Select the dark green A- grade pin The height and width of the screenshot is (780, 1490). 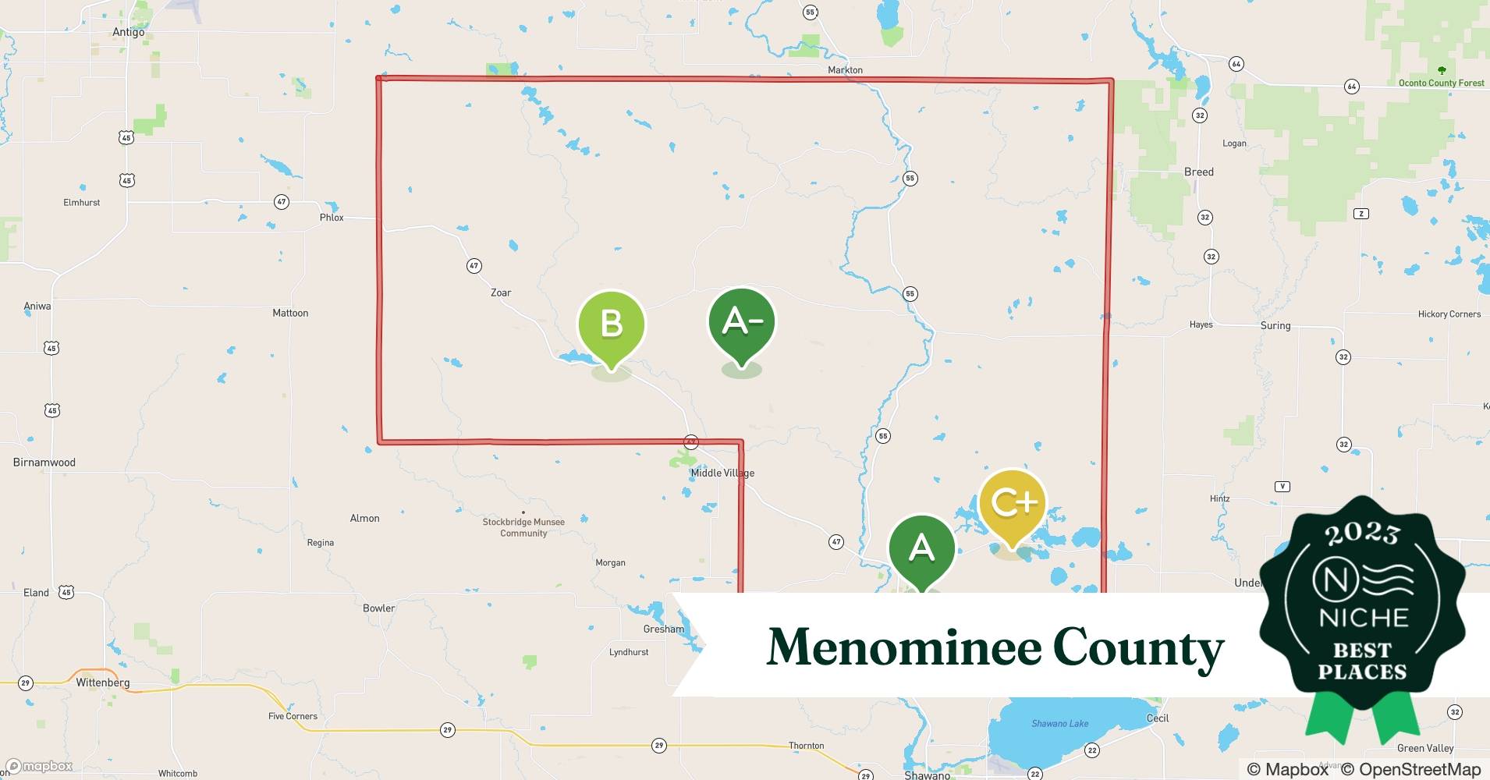click(741, 321)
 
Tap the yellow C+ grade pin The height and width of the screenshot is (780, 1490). click(1012, 503)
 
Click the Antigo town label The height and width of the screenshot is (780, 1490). click(129, 32)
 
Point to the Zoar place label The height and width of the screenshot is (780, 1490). click(501, 292)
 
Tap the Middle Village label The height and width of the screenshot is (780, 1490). click(722, 473)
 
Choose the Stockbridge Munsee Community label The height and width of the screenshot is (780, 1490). click(523, 527)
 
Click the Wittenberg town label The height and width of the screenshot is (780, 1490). click(103, 682)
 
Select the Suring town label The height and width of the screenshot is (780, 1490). click(1275, 325)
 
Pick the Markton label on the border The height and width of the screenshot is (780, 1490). click(845, 70)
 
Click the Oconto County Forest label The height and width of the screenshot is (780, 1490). click(1441, 83)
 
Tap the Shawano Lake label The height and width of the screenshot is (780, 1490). click(1059, 724)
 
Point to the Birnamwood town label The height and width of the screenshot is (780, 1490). click(44, 463)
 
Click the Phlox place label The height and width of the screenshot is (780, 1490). click(332, 218)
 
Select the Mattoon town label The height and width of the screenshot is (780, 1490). click(290, 313)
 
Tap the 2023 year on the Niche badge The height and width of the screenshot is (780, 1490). click(1362, 534)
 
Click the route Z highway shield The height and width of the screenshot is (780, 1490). click(1361, 214)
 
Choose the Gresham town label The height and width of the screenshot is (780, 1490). click(664, 629)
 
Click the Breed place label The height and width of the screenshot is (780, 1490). click(1198, 172)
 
